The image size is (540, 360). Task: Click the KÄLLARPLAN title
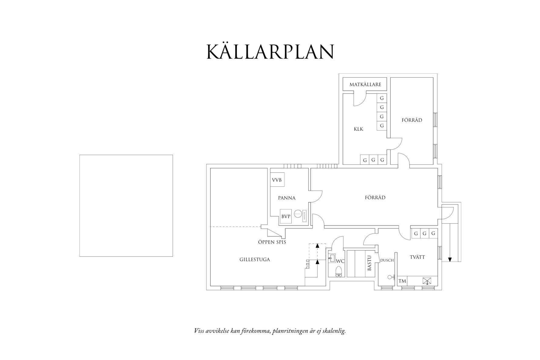click(270, 52)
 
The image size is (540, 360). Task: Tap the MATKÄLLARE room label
click(365, 85)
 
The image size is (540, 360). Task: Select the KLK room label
click(358, 129)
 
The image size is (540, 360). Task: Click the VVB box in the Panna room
click(277, 180)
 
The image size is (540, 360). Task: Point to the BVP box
click(286, 217)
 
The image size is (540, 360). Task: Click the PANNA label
click(287, 198)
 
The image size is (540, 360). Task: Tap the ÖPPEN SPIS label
click(272, 242)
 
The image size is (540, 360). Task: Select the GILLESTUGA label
click(255, 260)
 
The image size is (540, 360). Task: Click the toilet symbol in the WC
click(339, 272)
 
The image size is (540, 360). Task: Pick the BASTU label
click(369, 263)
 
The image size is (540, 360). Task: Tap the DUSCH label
click(387, 260)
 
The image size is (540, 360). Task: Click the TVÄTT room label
click(417, 257)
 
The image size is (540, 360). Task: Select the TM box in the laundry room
click(402, 281)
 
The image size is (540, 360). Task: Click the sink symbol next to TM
click(427, 281)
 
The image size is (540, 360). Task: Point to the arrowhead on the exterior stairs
click(450, 259)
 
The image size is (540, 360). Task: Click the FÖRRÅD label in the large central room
click(375, 198)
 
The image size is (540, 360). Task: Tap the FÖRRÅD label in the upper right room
click(412, 120)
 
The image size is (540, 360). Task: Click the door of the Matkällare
click(360, 100)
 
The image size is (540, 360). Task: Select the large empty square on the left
click(126, 206)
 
